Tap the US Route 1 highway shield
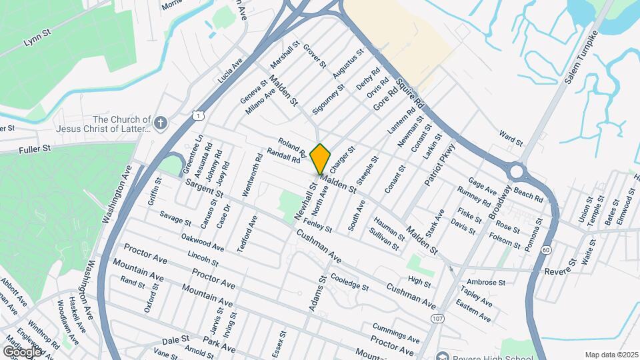click(199, 115)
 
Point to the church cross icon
click(160, 123)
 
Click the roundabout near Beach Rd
click(516, 173)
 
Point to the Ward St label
click(511, 139)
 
